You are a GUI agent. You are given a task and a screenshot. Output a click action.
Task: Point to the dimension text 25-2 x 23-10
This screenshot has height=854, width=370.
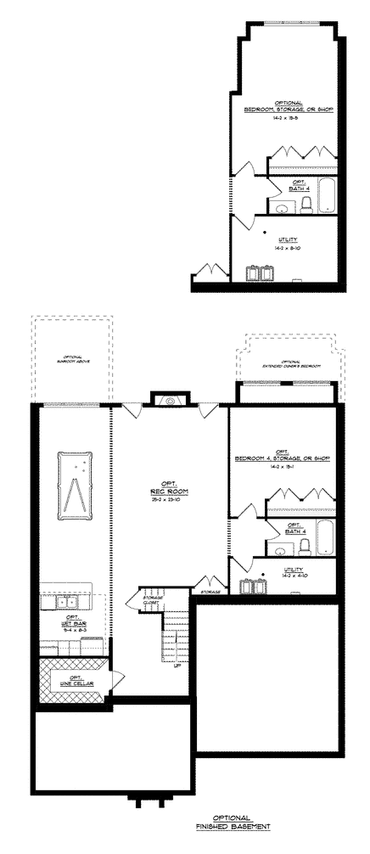170,499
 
